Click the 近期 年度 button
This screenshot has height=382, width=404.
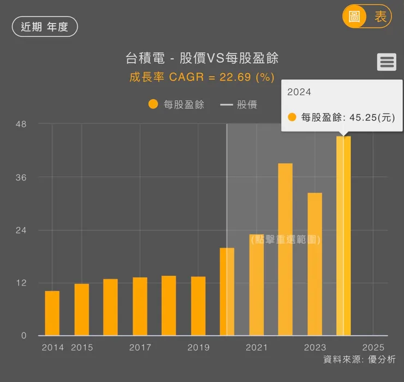pos(45,27)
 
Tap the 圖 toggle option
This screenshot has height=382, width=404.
pos(354,16)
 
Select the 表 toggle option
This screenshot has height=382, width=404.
pos(380,16)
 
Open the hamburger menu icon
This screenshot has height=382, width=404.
pos(387,62)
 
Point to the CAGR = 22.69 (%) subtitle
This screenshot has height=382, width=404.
pos(202,77)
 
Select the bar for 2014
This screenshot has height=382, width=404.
pos(52,313)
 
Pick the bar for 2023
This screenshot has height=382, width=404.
pos(315,264)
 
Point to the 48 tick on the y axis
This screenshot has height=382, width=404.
pos(21,124)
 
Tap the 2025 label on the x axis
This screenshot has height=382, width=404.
pos(373,348)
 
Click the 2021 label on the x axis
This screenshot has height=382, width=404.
pos(257,348)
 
